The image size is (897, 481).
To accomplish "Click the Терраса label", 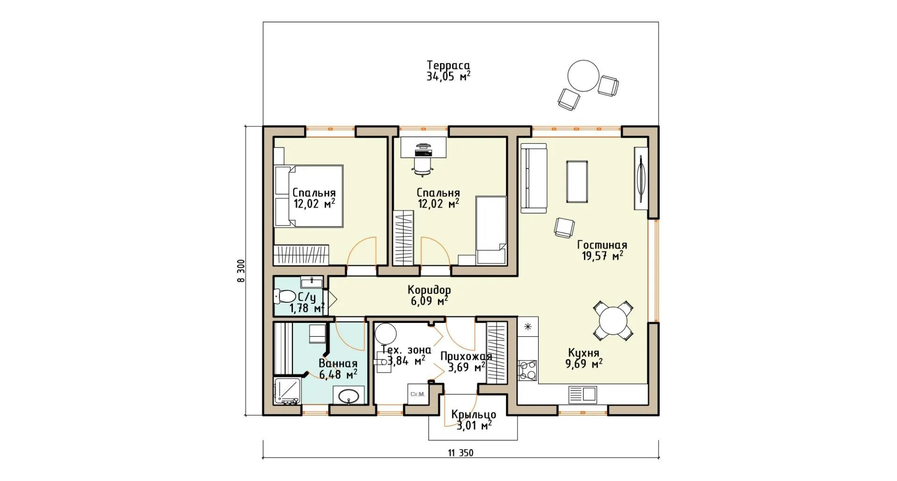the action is (448, 65).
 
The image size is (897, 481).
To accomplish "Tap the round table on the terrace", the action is (583, 76).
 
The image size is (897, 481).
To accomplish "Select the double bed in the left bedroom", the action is (309, 195).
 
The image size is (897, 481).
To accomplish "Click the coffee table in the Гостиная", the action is (577, 182).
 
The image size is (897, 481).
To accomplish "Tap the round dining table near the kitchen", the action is (613, 320).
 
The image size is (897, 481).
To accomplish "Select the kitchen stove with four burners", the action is (527, 371).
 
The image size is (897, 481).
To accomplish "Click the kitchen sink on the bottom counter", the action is (583, 395).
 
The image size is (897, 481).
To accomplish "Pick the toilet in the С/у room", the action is (285, 296).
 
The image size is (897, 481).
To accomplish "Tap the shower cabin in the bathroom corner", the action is (288, 391).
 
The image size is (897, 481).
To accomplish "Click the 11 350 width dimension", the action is (461, 453).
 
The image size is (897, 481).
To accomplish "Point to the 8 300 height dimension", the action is (241, 271).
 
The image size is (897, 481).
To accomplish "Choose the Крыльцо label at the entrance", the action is (474, 415).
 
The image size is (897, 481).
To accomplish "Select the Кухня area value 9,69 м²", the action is (584, 364).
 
